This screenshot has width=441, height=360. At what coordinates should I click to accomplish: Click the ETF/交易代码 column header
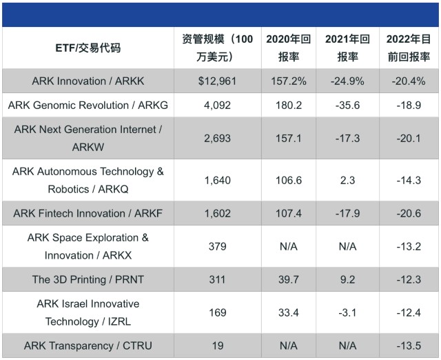(88, 48)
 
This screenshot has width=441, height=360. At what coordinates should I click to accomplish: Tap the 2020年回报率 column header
(289, 48)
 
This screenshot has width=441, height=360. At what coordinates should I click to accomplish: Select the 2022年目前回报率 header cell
(409, 48)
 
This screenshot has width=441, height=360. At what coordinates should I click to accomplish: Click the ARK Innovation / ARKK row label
(88, 81)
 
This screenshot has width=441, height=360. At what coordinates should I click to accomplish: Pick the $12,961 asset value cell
(218, 81)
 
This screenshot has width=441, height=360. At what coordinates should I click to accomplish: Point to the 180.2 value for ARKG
(289, 106)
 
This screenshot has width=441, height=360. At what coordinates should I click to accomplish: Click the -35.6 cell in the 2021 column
(347, 106)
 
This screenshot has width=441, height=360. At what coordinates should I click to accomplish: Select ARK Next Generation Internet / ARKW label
(88, 138)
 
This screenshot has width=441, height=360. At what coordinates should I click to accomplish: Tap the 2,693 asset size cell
(218, 138)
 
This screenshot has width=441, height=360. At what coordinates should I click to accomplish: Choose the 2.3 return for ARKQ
(347, 180)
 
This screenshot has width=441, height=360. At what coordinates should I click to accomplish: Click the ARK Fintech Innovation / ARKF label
(88, 213)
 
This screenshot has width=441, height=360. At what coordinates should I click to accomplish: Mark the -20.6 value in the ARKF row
(409, 213)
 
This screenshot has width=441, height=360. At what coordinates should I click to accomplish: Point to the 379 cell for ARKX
(218, 247)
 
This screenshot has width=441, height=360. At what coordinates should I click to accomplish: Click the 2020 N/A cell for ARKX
(289, 247)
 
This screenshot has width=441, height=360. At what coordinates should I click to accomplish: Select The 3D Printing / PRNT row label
(88, 279)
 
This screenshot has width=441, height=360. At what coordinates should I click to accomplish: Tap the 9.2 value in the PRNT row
(347, 279)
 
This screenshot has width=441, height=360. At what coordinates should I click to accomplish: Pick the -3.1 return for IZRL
(347, 312)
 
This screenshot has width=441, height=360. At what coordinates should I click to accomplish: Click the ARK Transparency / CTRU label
(88, 346)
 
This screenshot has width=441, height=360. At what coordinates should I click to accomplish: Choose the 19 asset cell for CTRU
(218, 346)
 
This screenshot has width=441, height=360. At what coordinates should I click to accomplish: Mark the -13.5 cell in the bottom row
(409, 346)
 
